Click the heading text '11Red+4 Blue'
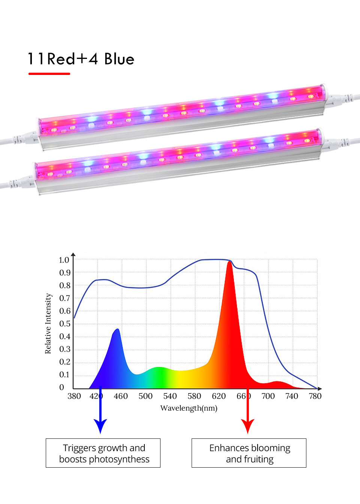[x=81, y=59]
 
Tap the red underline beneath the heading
[x=49, y=74]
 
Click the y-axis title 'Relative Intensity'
[x=48, y=323]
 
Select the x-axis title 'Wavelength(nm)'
[x=189, y=408]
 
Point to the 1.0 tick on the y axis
[x=64, y=260]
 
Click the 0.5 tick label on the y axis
[x=65, y=324]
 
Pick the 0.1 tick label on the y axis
[x=65, y=375]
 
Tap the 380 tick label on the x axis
[x=74, y=396]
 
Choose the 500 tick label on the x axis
[x=145, y=396]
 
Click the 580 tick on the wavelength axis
[x=194, y=396]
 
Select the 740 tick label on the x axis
[x=292, y=396]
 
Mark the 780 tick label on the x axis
[x=315, y=396]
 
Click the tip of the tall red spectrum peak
[x=229, y=262]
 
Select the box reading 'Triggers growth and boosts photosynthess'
[x=103, y=453]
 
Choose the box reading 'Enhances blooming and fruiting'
[x=249, y=453]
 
